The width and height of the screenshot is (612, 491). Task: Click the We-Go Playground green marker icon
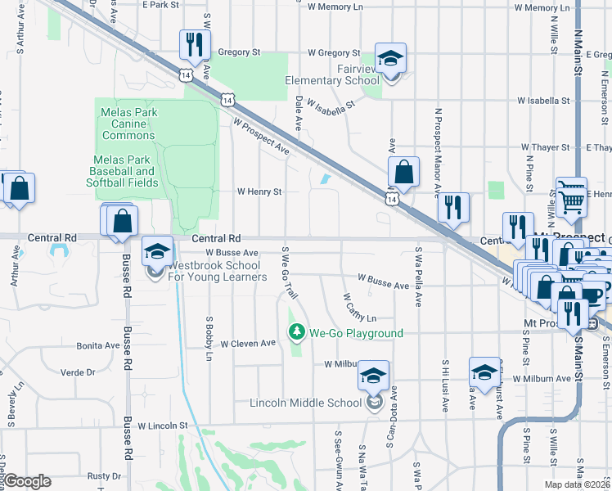click(x=295, y=332)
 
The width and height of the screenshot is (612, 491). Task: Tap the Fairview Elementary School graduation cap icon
click(x=391, y=59)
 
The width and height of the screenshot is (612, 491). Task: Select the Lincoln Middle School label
click(x=307, y=403)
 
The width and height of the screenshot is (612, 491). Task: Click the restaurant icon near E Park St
click(x=194, y=45)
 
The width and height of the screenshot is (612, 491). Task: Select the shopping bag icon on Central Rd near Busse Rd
click(x=122, y=220)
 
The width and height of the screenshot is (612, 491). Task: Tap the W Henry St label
click(x=259, y=191)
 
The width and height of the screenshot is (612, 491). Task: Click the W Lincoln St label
click(x=163, y=426)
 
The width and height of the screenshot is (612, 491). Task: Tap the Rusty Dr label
click(x=104, y=475)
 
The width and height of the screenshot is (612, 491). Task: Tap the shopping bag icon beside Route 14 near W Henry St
click(x=403, y=173)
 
